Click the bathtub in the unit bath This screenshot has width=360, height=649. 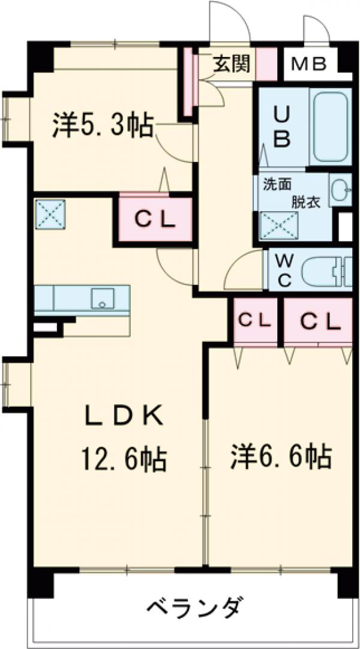pos(331,127)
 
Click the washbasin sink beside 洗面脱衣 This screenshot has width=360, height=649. pos(340,190)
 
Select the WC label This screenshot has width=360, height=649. pos(283,269)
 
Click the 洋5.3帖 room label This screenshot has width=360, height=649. pos(103,125)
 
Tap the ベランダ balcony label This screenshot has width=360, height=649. pos(196,608)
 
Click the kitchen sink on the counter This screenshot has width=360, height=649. pos(103,298)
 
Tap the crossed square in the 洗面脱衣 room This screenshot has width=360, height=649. pos(276,226)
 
